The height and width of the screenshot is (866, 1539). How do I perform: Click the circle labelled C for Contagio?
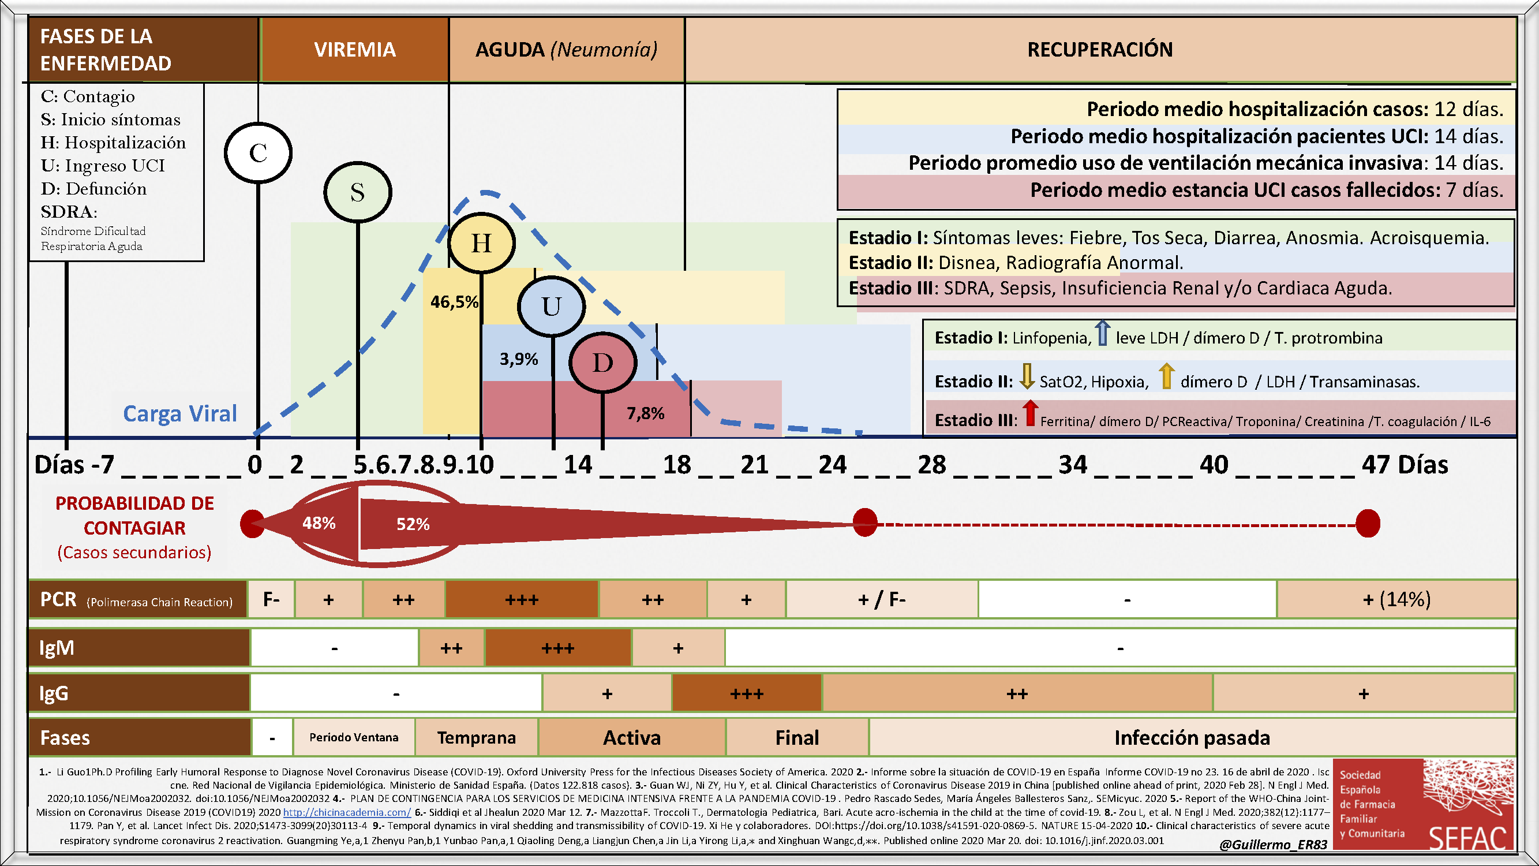point(258,153)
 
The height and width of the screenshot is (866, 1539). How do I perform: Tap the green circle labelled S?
point(357,192)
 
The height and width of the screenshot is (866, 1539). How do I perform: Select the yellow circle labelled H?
point(481,243)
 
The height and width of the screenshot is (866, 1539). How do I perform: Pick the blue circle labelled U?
point(551,307)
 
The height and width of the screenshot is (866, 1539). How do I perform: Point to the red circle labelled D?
point(603,363)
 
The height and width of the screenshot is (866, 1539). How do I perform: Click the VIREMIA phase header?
point(355,50)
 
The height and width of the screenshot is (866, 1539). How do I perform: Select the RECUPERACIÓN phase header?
point(1099,50)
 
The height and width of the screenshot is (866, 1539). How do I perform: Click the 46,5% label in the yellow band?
point(454,302)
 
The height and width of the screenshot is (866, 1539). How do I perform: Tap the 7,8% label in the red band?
point(645,413)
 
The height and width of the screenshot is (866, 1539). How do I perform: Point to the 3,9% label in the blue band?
point(519,359)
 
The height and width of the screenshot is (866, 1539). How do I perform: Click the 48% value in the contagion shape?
point(319,524)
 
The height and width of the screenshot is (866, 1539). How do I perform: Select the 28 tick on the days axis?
point(932,465)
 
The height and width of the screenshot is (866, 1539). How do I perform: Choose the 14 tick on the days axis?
point(578,465)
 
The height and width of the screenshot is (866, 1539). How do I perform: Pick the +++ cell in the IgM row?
point(557,648)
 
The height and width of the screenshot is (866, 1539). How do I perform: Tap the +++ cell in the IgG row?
point(747,693)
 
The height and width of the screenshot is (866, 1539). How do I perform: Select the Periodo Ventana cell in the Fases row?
point(354,737)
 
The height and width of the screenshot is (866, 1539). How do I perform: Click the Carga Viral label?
point(180,413)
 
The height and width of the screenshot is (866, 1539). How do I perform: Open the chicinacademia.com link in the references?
point(346,812)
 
